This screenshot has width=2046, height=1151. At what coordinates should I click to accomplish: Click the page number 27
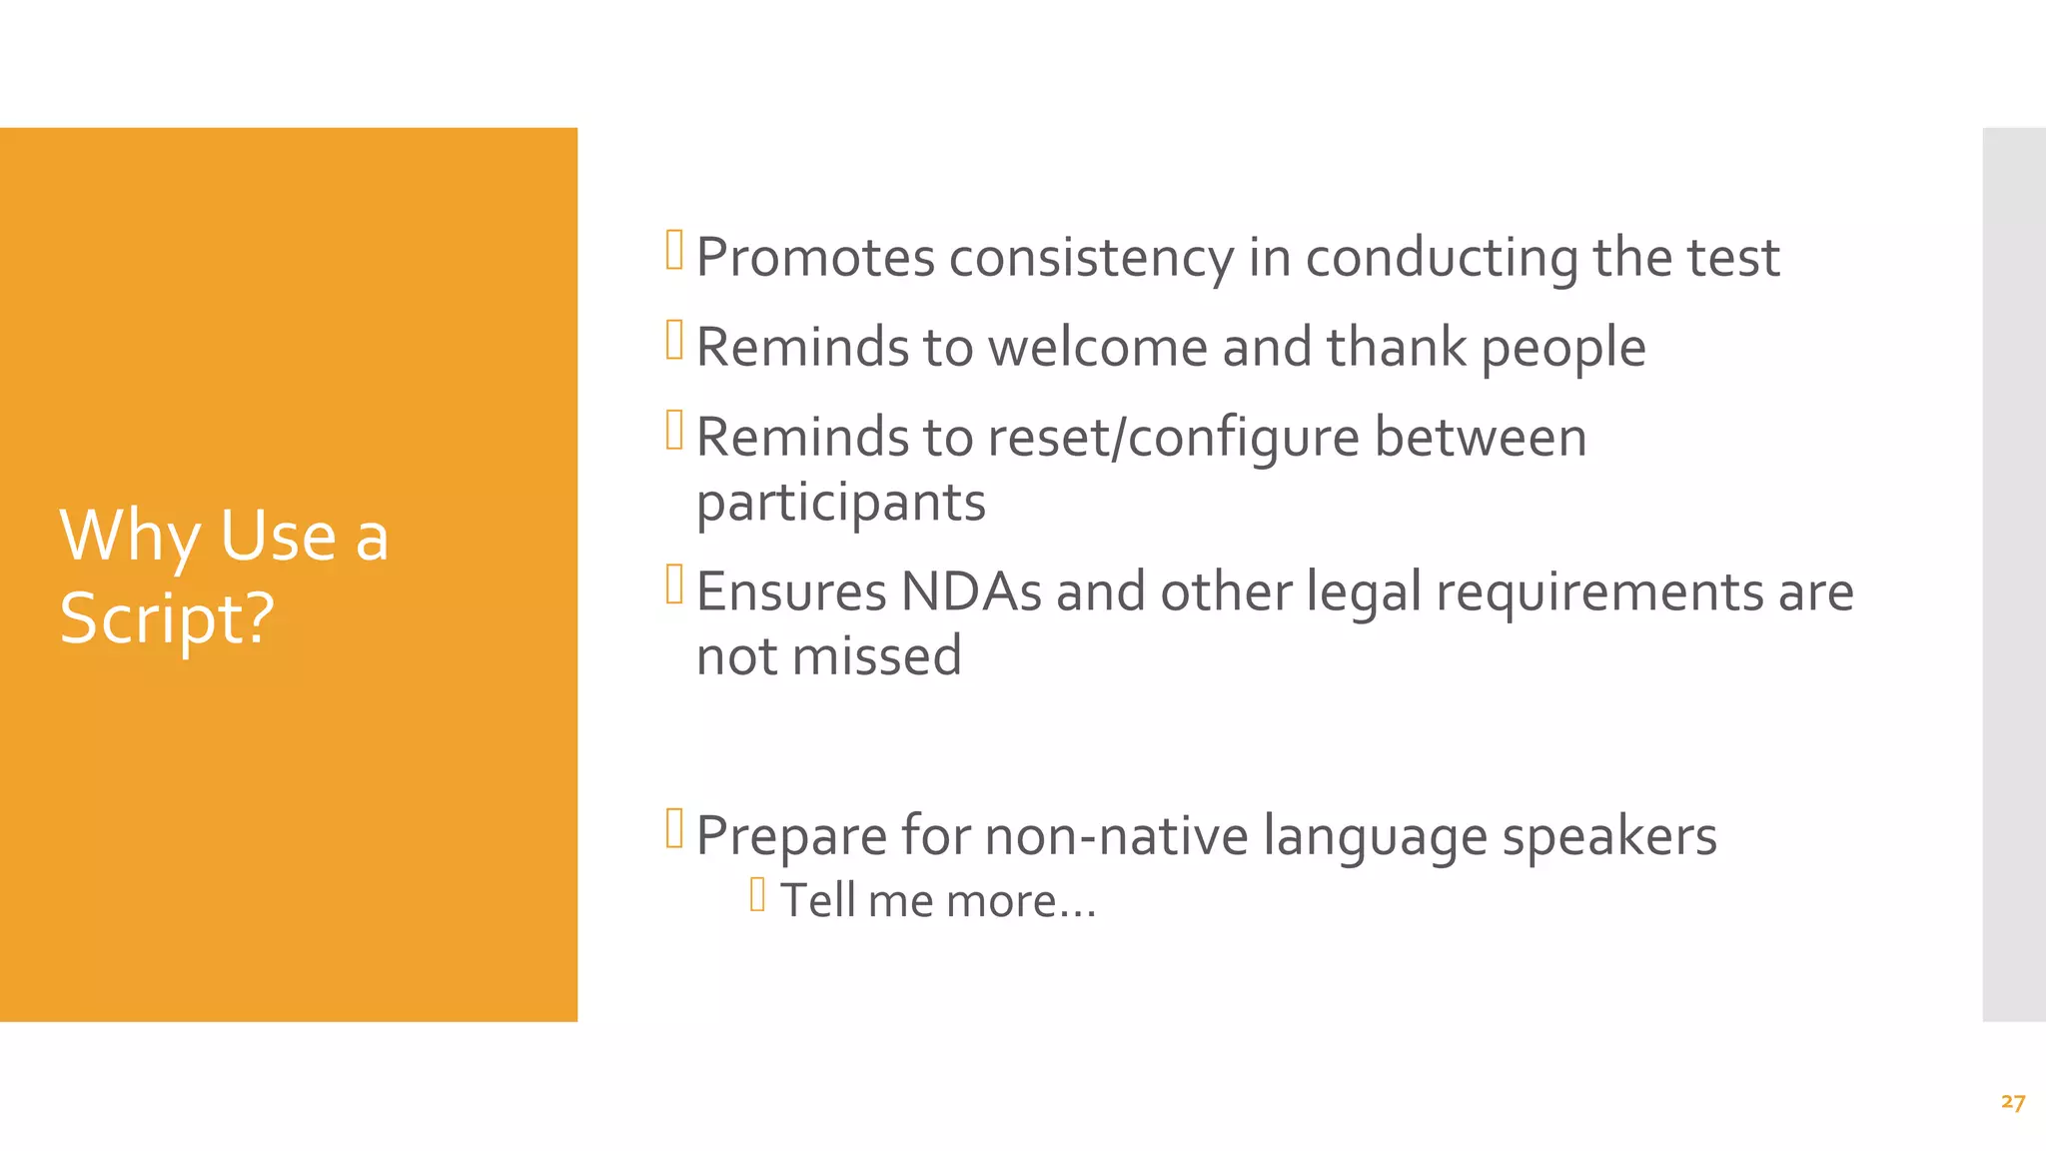[2013, 1102]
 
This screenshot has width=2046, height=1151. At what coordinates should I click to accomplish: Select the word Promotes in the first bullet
[815, 259]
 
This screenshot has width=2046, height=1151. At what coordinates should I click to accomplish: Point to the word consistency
[1091, 259]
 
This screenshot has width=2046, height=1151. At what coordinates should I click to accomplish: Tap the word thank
[1396, 348]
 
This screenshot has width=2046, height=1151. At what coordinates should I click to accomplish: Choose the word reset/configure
[1174, 438]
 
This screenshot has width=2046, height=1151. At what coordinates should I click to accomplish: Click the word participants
[840, 503]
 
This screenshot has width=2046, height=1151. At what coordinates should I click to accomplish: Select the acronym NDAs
[971, 591]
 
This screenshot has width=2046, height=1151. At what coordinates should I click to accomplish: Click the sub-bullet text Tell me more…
[937, 901]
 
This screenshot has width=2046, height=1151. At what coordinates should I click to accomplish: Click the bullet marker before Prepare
[674, 828]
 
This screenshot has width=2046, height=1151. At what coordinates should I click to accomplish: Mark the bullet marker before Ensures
[674, 584]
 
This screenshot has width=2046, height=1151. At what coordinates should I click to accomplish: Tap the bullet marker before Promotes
[674, 250]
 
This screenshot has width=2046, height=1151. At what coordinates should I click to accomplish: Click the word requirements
[1599, 591]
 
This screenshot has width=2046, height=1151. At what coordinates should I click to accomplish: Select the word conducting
[1442, 259]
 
